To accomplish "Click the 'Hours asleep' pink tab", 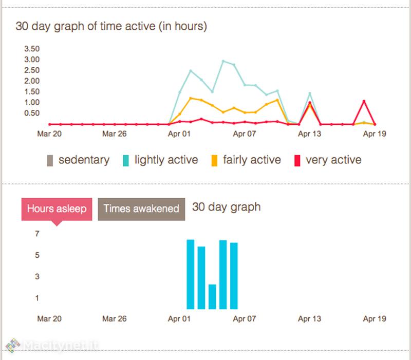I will coord(57,209).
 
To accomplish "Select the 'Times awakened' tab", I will coord(141,209).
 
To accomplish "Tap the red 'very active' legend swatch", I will coord(297,160).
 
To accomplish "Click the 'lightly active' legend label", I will coord(166,160).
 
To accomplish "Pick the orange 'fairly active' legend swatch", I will coord(214,160).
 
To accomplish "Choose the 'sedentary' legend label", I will coord(84,160).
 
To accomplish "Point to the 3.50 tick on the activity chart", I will coord(32,49).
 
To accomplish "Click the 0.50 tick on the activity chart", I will coord(32,113).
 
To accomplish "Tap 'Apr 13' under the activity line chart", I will coord(309,134).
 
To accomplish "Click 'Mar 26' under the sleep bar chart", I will coord(114,318).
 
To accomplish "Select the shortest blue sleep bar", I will coord(212,297).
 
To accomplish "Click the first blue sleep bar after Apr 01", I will coord(191,274).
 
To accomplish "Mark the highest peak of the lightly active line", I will coord(223,61).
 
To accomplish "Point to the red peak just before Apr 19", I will coord(364,101).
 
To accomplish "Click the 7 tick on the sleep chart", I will coord(38,234).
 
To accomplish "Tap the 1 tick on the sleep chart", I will coord(38,298).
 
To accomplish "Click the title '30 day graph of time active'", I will coord(111,26).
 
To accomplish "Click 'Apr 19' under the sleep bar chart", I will coord(375,318).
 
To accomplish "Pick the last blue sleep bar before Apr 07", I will coord(234,276).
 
